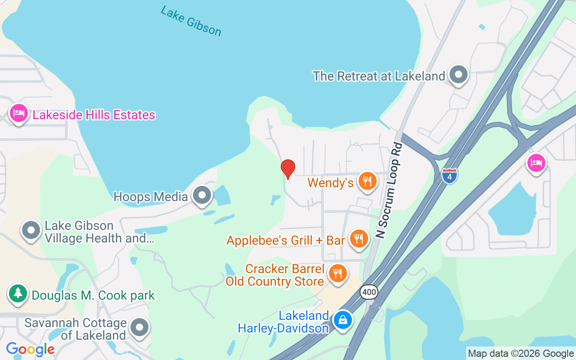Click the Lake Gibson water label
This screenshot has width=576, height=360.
(x=191, y=21)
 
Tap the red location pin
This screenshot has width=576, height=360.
(x=288, y=169)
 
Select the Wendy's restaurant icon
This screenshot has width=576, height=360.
(x=368, y=181)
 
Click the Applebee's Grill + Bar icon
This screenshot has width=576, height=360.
(x=359, y=238)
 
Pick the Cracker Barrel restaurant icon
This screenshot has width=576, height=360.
(x=337, y=273)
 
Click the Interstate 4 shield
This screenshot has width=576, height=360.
(x=449, y=175)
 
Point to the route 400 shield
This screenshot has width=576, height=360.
(x=369, y=292)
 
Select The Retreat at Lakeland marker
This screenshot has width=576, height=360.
(x=459, y=74)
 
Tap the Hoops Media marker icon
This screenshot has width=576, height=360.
(x=202, y=195)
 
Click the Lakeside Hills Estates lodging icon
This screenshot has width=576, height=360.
(x=18, y=113)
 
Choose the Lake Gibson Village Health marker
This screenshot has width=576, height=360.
(x=31, y=230)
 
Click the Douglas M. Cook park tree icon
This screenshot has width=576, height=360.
(x=18, y=293)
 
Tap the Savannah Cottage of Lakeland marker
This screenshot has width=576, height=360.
(x=139, y=328)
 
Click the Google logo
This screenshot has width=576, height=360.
(x=31, y=349)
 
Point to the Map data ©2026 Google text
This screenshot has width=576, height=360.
(x=521, y=354)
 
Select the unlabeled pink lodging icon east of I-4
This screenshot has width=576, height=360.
(x=536, y=162)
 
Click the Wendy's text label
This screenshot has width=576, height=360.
(x=330, y=183)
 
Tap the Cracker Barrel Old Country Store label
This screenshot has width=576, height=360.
(x=275, y=275)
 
